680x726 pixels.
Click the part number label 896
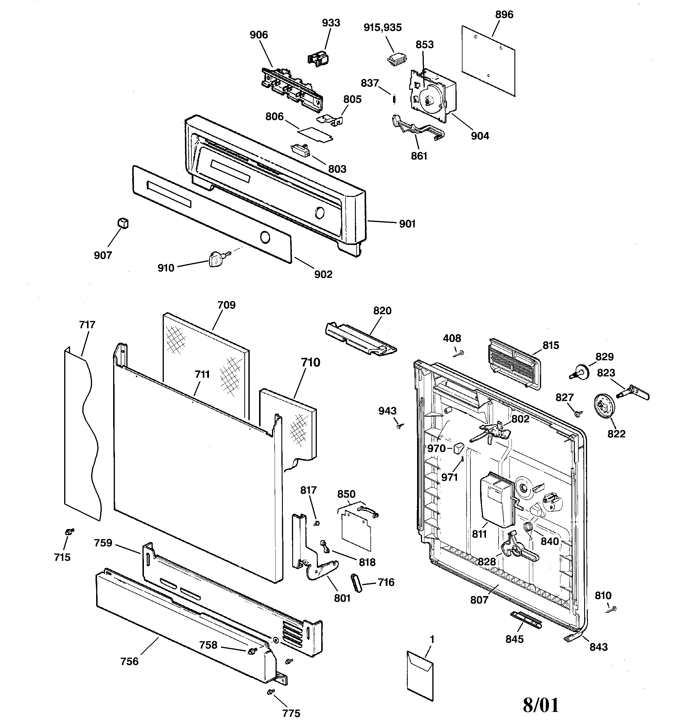(x=504, y=15)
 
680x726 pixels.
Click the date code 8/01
(x=541, y=705)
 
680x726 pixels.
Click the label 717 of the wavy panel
(x=87, y=324)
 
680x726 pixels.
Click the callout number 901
(x=407, y=224)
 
